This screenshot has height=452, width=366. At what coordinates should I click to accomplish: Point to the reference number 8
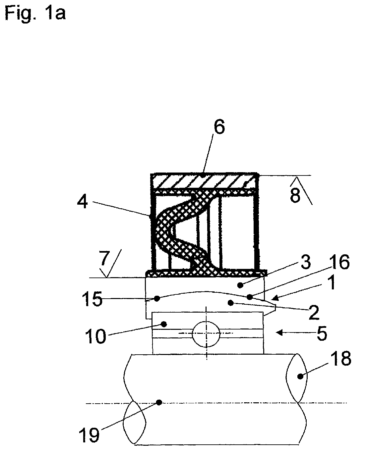(295, 196)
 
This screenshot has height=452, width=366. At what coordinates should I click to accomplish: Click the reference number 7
(105, 258)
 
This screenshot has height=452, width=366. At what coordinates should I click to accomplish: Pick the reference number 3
(306, 263)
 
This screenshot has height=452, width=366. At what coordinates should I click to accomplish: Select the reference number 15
(92, 299)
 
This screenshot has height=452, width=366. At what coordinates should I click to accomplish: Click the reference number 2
(314, 313)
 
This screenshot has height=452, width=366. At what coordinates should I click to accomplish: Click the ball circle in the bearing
(206, 334)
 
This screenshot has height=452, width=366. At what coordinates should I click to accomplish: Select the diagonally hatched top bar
(204, 181)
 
